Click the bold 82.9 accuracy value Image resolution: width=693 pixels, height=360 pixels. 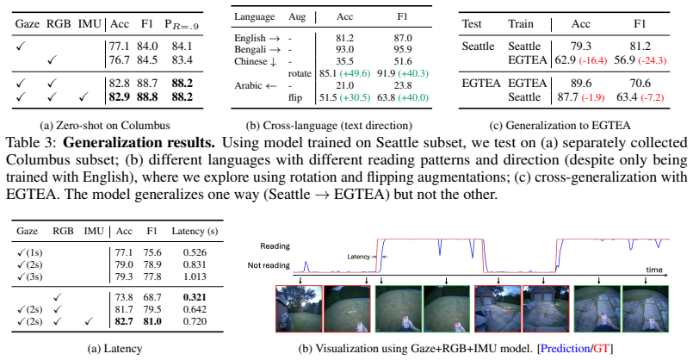click(x=120, y=96)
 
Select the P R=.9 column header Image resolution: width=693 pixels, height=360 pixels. click(x=182, y=25)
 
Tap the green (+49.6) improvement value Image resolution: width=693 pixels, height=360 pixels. click(x=354, y=73)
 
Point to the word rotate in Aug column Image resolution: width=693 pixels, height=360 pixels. click(x=300, y=73)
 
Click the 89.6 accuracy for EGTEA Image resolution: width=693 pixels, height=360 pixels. click(x=581, y=84)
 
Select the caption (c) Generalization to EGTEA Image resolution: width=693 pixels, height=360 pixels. click(x=560, y=126)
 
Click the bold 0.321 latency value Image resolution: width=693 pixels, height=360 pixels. click(x=195, y=297)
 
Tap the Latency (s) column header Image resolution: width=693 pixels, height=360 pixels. click(x=195, y=232)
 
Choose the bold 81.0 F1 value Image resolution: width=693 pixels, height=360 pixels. click(x=152, y=321)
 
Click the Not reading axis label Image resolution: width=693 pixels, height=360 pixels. click(x=269, y=265)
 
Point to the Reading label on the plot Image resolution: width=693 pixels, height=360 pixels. click(x=275, y=246)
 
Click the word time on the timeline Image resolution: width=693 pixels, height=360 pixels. click(x=654, y=270)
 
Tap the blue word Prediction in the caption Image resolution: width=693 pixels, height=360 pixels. click(x=565, y=349)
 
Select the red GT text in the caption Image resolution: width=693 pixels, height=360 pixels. click(x=601, y=349)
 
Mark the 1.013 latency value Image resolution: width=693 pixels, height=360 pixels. click(x=195, y=276)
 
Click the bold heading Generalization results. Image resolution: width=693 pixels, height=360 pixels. click(x=139, y=143)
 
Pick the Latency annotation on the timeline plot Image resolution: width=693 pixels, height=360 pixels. click(x=358, y=257)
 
